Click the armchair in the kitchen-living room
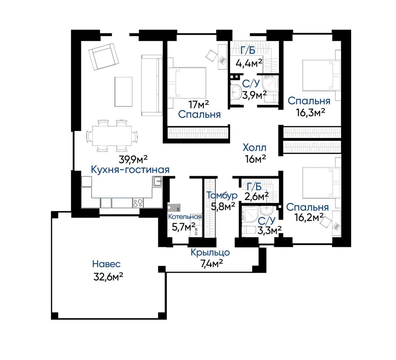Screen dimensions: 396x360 103,56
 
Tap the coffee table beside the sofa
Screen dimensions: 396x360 123,92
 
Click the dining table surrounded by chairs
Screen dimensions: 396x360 112,136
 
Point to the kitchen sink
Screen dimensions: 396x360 157,181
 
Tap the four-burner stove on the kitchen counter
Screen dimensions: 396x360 138,203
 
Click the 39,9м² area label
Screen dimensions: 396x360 133,159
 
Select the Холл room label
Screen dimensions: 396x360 254,148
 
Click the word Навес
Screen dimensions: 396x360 106,264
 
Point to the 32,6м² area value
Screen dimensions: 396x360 108,276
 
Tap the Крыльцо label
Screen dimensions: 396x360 210,253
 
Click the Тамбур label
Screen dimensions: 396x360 222,195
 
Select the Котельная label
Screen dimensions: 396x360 185,216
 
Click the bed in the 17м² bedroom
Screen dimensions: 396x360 187,83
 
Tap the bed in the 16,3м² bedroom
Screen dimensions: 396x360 321,75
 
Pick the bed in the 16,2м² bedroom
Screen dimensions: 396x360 321,183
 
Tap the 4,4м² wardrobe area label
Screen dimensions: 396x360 249,63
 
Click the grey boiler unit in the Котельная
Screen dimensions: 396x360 174,208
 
